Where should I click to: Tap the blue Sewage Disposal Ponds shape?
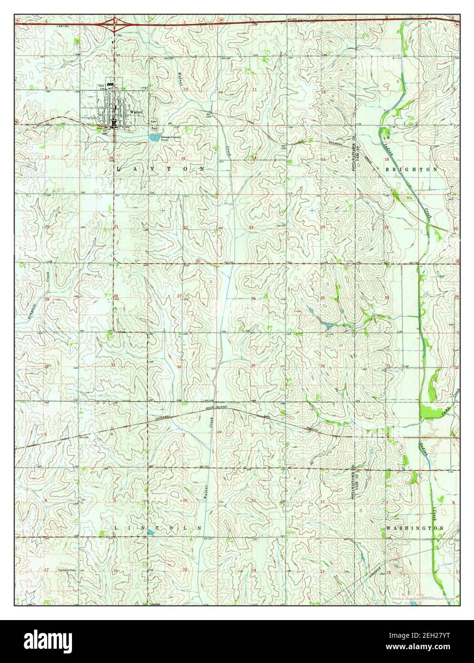[154, 138]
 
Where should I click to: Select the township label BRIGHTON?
[409, 169]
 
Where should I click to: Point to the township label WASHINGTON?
[415, 528]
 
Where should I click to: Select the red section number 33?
[113, 365]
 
